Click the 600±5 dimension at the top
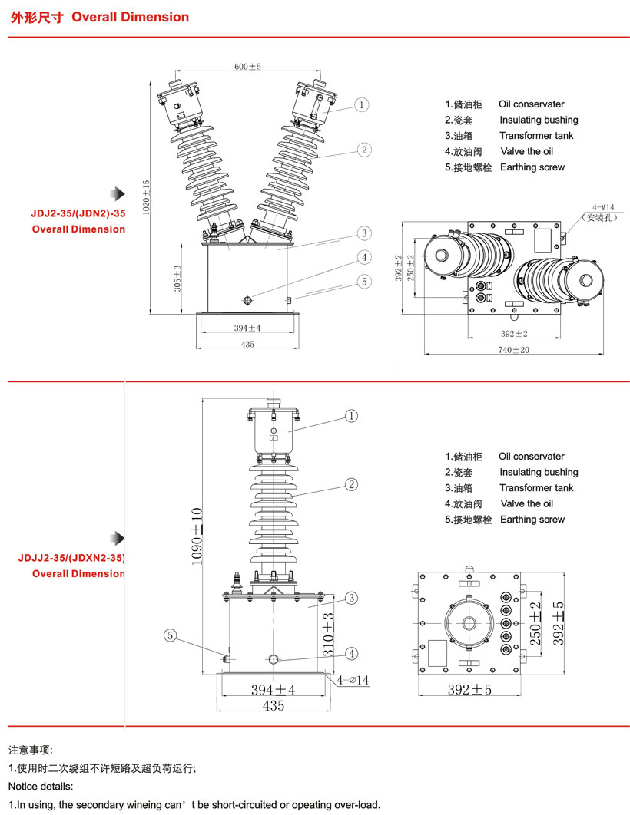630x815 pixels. coord(247,67)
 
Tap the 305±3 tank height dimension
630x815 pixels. coord(177,278)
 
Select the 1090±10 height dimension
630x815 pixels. coord(197,537)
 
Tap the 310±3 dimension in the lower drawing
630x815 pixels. coord(327,627)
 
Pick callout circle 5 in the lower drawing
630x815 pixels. coord(171,635)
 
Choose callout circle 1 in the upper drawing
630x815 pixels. coord(363,104)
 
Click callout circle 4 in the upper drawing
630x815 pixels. coord(364,258)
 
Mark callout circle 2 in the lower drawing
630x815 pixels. coord(351,484)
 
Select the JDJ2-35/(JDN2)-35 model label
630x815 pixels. coord(72,214)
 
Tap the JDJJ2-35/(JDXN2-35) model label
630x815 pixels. coord(71,559)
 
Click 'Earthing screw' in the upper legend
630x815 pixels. coord(532,167)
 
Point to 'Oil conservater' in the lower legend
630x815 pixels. coord(531,457)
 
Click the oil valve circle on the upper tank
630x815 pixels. coord(247,299)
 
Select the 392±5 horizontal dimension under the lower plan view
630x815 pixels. coord(469,690)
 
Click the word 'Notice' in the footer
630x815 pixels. coord(23,786)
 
